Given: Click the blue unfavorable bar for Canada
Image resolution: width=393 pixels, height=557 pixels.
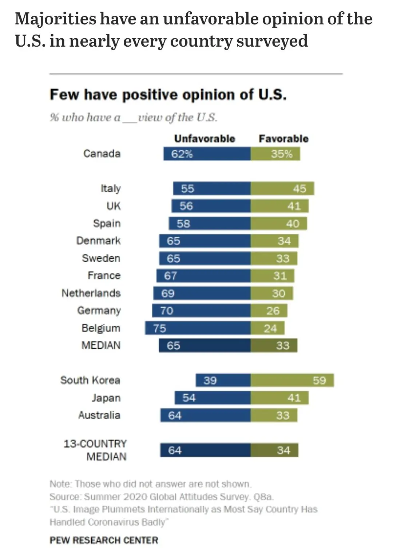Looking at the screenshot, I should click(x=207, y=154).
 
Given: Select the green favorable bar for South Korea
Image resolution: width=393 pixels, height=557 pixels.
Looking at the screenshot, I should click(x=292, y=380).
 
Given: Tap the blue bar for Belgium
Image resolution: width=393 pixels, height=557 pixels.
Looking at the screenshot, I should click(x=198, y=328).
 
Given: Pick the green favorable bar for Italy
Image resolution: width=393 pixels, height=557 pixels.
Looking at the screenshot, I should click(x=282, y=188).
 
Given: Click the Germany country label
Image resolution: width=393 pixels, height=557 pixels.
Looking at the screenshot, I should click(x=99, y=310).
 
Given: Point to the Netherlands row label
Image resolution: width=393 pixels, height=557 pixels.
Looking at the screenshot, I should click(x=91, y=293).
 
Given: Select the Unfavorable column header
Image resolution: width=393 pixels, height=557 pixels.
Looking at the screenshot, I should click(x=205, y=138).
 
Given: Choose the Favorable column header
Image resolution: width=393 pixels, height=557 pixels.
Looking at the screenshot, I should click(x=283, y=138).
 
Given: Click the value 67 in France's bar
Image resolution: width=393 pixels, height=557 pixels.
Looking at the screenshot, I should click(x=170, y=276).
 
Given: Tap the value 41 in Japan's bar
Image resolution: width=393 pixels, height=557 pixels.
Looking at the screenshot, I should click(x=294, y=398).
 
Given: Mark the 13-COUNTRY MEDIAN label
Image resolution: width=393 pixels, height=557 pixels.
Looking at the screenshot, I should click(x=95, y=450).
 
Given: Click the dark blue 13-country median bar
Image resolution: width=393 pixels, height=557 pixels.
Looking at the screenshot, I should click(x=205, y=450).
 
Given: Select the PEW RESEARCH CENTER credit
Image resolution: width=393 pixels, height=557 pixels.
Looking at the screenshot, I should click(x=104, y=540).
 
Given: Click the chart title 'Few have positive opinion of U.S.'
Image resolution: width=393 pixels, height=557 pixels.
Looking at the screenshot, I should click(x=168, y=95).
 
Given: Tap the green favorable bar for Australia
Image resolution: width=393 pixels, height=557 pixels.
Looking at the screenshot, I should click(x=274, y=415).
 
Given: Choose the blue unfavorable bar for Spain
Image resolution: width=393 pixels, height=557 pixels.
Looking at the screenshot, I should click(x=210, y=223).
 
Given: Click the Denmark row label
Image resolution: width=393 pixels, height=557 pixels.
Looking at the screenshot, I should click(x=98, y=240).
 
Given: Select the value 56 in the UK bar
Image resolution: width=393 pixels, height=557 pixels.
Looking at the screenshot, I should click(x=186, y=206).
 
